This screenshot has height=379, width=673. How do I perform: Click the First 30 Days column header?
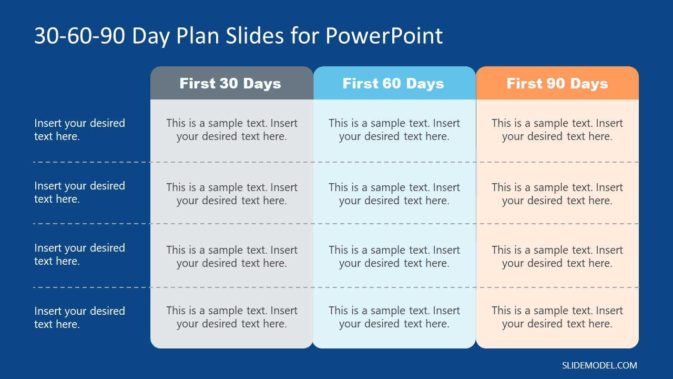[x=230, y=84]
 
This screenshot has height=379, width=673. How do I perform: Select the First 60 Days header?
[x=393, y=84]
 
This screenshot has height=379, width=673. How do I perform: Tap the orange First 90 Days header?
[x=557, y=84]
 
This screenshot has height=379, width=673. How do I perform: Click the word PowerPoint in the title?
[x=384, y=36]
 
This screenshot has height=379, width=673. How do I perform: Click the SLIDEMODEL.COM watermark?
[x=599, y=365]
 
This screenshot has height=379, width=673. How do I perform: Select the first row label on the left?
[x=79, y=129]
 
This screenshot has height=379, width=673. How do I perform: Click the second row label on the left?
[x=79, y=192]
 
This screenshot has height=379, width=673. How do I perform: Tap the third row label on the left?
[x=79, y=254]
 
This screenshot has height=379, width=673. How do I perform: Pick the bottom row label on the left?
[x=79, y=317]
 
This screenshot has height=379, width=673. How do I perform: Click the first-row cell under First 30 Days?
[x=232, y=129]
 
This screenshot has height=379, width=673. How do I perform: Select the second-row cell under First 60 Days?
[x=394, y=194]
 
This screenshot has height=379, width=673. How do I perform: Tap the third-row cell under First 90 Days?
[x=557, y=256]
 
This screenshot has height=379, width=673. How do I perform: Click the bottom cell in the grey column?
[x=232, y=317]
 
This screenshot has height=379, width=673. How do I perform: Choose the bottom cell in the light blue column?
[x=394, y=317]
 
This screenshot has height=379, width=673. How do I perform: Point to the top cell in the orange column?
[x=557, y=129]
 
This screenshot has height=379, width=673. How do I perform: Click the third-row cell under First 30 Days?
[x=232, y=256]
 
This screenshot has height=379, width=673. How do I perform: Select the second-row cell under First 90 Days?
[x=557, y=194]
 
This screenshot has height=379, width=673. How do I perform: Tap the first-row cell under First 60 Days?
[x=394, y=129]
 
